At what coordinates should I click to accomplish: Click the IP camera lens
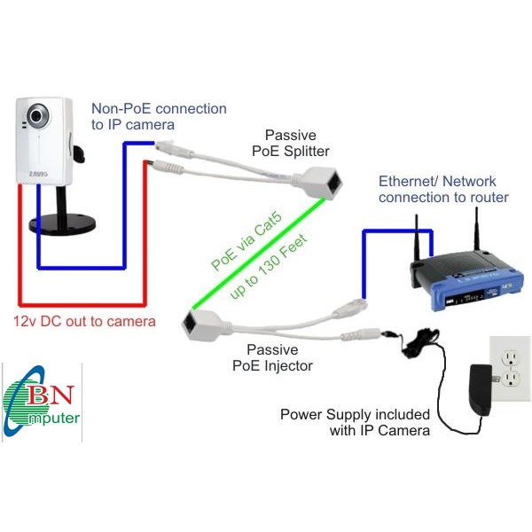click(x=36, y=115)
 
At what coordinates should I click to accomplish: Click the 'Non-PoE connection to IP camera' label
click(x=159, y=116)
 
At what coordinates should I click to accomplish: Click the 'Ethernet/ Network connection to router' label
click(x=443, y=188)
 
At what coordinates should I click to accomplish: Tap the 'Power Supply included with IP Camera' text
click(x=356, y=422)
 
